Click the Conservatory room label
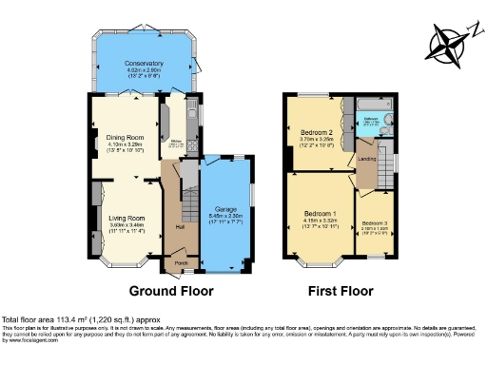145,63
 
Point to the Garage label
224,207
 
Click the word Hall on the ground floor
180,227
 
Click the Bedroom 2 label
318,132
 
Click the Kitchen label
176,142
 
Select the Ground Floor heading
171,291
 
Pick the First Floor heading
340,291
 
